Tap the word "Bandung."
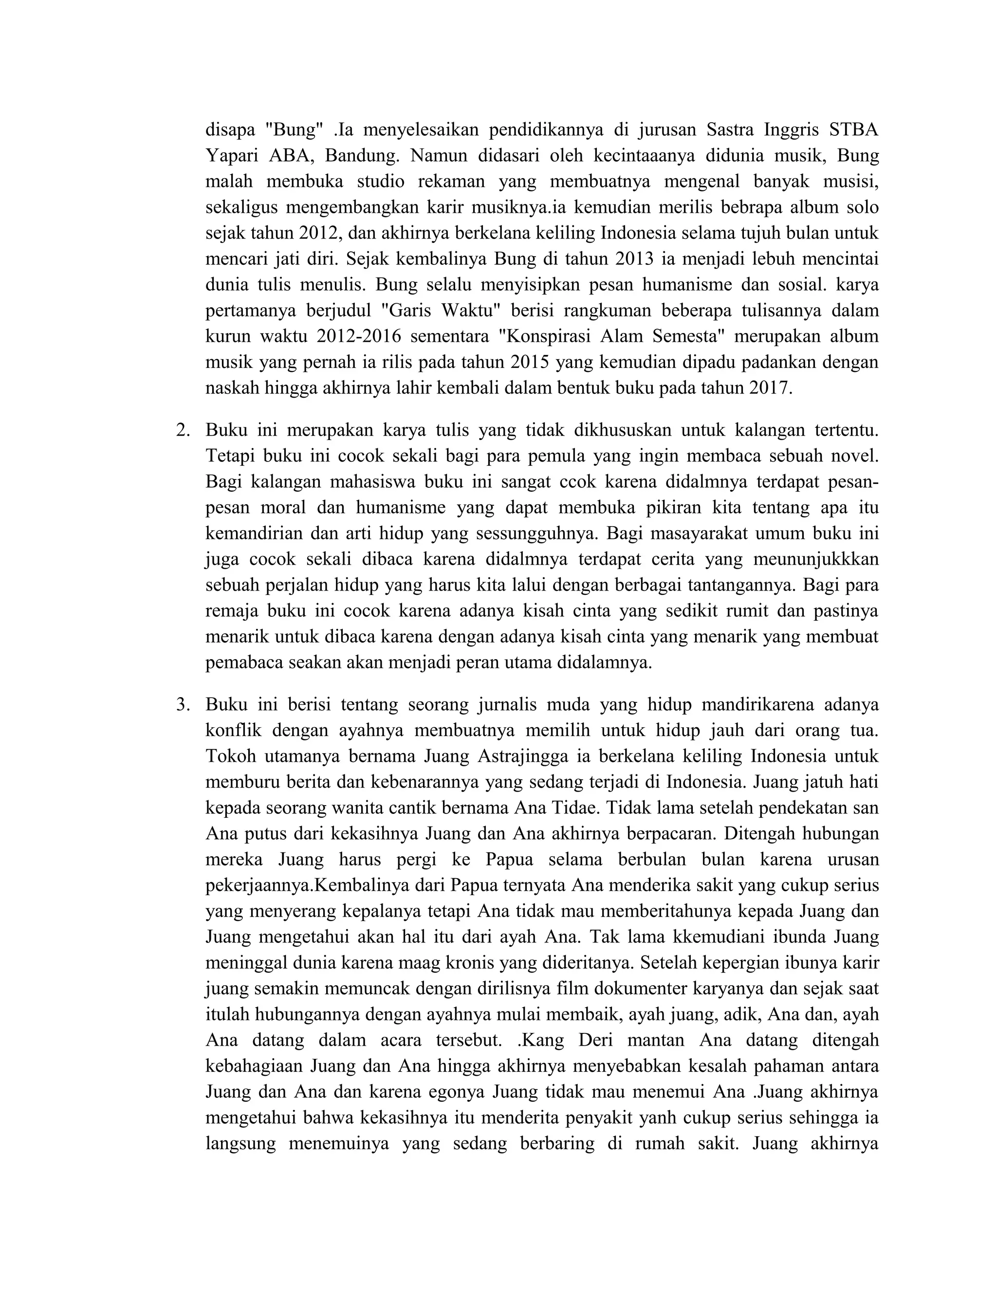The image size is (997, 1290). coord(363,156)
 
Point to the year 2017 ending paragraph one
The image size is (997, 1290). coord(769,388)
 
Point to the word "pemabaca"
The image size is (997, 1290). coord(243,663)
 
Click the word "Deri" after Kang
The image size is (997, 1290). coord(595,1040)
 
